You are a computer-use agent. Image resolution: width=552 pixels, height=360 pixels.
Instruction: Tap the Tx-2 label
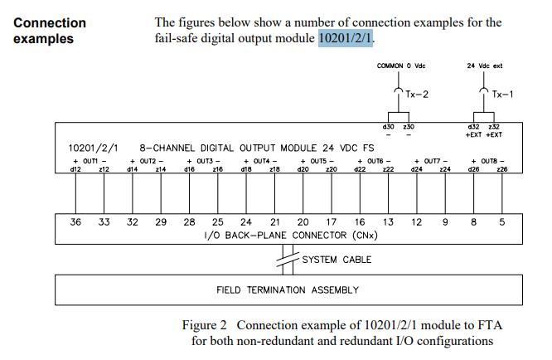coord(416,95)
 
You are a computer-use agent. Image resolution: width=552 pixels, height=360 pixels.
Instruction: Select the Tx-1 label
coord(501,95)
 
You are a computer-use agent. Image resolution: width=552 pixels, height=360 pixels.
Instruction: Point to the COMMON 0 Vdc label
coord(402,65)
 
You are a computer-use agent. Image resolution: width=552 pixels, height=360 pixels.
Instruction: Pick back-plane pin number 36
coord(75,222)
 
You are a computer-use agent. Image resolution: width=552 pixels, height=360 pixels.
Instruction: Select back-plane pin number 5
coord(501,222)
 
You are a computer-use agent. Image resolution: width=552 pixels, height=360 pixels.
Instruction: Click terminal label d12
coord(75,169)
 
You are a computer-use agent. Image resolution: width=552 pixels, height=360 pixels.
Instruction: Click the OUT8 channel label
coord(487,160)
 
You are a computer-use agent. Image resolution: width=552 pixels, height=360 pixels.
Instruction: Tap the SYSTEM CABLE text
coord(337,260)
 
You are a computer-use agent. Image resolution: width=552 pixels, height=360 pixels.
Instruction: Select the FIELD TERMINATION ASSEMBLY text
coord(288,289)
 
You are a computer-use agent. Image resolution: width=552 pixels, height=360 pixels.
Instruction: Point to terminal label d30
coord(388,126)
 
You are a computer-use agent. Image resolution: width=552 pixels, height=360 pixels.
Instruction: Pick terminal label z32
coord(495,126)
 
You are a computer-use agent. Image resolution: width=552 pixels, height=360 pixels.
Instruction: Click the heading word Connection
coord(50,22)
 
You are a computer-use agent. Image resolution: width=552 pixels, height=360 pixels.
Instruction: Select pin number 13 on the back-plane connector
coord(388,222)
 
